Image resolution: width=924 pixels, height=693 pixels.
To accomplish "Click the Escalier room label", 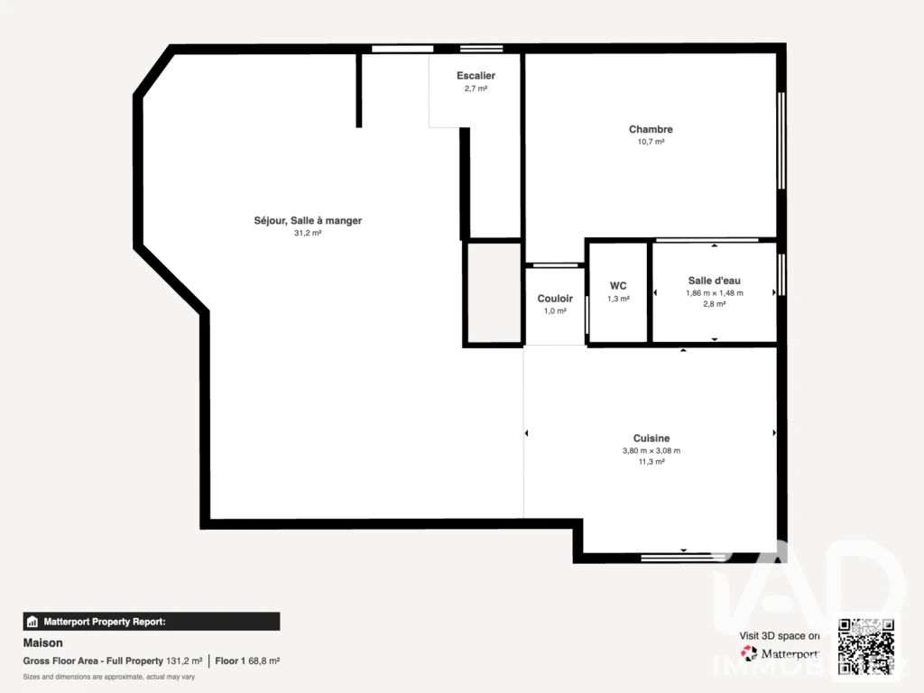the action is click(476, 76).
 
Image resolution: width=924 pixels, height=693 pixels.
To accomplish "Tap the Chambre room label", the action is click(651, 129).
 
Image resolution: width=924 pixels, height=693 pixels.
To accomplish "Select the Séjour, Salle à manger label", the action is click(308, 220).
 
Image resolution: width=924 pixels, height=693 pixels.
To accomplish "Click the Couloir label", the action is click(555, 298).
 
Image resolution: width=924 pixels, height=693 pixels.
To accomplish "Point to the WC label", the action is click(618, 286).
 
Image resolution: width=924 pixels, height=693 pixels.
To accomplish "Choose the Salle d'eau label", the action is click(715, 281).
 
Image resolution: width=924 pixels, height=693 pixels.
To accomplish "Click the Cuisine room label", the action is click(651, 438).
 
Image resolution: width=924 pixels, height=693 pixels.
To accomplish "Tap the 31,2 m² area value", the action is click(308, 234).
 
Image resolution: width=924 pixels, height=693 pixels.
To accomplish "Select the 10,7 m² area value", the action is click(651, 142).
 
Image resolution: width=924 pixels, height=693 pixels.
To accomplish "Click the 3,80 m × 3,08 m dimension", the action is click(651, 451).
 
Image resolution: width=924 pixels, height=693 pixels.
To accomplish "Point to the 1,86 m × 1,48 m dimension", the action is click(715, 293).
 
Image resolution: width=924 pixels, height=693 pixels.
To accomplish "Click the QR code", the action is click(866, 646).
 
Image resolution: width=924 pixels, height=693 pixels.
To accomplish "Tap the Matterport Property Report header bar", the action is click(152, 622).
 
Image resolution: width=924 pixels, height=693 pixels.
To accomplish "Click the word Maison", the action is click(42, 642).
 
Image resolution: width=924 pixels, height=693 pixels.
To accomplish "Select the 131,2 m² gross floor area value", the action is click(184, 661).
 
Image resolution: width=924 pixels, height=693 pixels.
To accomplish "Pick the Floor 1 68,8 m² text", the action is click(247, 661).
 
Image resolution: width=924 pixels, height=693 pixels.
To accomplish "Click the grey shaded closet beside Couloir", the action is click(494, 293).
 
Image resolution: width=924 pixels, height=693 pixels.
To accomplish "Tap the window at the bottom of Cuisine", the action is click(683, 557).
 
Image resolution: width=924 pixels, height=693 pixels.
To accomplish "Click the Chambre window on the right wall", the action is click(781, 141).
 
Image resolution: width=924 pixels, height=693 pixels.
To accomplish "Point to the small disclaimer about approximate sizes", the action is click(109, 677).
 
